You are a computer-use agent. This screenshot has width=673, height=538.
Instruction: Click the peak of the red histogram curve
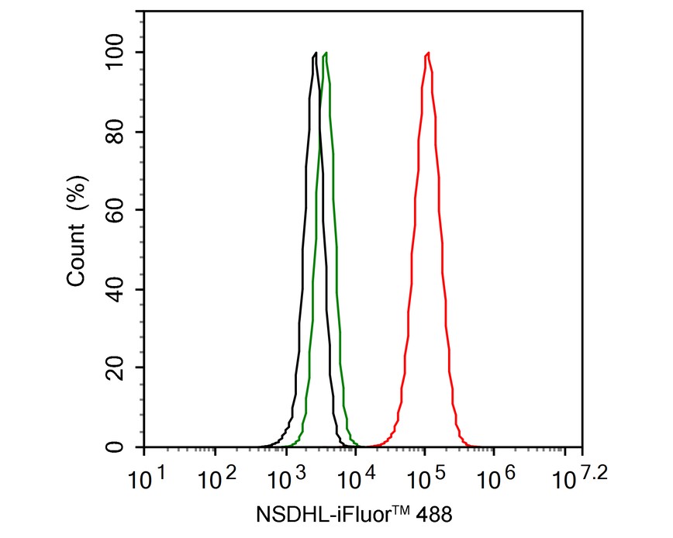click(x=427, y=53)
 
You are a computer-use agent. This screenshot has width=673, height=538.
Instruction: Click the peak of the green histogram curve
click(x=326, y=53)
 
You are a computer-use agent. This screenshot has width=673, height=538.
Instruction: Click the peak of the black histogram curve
click(x=315, y=53)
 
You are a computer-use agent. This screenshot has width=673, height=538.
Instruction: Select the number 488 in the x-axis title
click(x=436, y=513)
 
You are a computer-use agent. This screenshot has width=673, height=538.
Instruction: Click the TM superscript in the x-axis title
click(x=402, y=508)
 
